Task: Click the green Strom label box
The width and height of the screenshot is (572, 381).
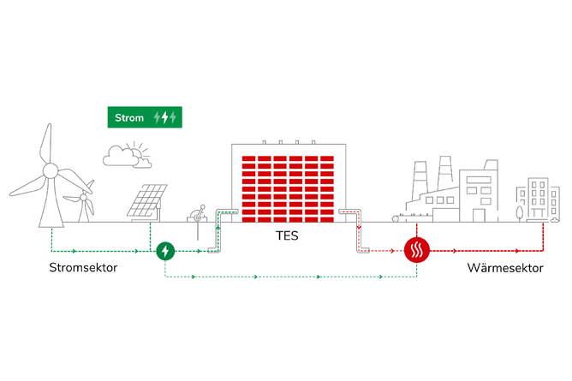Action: tap(143, 117)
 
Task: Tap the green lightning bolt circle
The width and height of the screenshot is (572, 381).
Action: tap(165, 251)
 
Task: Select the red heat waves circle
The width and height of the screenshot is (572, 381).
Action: tap(417, 252)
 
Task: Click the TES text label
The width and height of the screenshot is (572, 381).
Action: tap(287, 235)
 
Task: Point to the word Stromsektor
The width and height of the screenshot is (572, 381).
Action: tap(83, 269)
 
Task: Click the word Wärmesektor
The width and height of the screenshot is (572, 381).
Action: tap(505, 269)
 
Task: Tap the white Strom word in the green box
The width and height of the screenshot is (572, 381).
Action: tap(129, 117)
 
